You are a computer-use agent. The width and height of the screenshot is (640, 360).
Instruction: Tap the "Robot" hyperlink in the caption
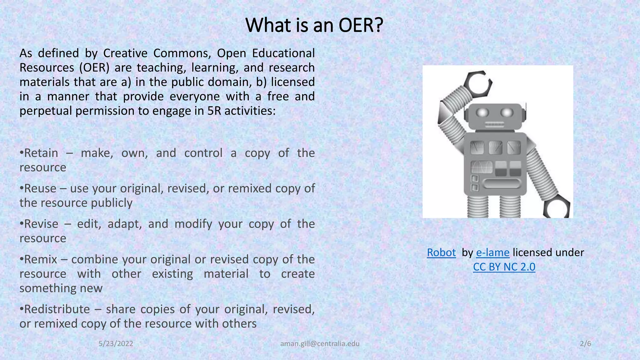click(x=441, y=252)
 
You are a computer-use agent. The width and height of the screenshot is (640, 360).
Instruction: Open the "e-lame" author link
click(x=492, y=252)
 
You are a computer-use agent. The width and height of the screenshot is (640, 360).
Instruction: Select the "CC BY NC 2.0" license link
click(x=504, y=267)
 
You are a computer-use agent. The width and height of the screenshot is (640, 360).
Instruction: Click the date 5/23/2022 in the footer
click(x=116, y=344)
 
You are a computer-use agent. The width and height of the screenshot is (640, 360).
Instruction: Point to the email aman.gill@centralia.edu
click(x=320, y=344)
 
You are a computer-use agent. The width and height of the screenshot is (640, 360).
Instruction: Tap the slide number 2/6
click(x=585, y=344)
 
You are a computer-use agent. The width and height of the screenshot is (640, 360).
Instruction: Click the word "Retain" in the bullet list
click(x=41, y=153)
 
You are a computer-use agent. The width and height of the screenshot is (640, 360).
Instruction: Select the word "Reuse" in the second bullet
click(x=40, y=188)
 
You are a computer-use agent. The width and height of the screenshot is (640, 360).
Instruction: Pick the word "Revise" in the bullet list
click(x=41, y=224)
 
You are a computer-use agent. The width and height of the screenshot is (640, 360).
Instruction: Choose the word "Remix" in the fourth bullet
click(x=41, y=259)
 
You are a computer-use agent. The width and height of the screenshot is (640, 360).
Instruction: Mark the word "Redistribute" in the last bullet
click(x=57, y=309)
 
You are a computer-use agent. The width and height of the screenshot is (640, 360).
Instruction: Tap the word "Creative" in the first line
click(x=125, y=53)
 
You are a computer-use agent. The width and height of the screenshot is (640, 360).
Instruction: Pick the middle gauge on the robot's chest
click(x=495, y=147)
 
